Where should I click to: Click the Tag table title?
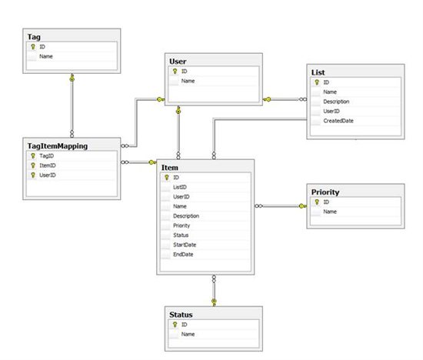(x=34, y=37)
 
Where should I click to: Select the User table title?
(x=178, y=62)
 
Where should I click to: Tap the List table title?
(x=318, y=72)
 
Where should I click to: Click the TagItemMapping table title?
(x=58, y=146)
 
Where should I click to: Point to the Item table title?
(x=170, y=168)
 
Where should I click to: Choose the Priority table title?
(x=325, y=192)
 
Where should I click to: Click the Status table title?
(x=181, y=315)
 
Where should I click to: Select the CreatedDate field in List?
(x=338, y=121)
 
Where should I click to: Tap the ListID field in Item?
(x=180, y=187)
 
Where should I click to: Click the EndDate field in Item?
(x=183, y=255)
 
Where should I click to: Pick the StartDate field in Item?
(x=185, y=245)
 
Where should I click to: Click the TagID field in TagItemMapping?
(x=47, y=156)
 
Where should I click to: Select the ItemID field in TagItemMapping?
(x=48, y=165)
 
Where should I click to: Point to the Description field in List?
(x=336, y=102)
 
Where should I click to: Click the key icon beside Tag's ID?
(x=33, y=47)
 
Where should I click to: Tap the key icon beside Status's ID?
(x=175, y=325)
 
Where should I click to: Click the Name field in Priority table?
(x=330, y=212)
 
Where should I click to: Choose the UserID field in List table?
(x=331, y=112)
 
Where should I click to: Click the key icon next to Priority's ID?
(x=317, y=202)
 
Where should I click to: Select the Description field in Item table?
(x=186, y=216)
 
